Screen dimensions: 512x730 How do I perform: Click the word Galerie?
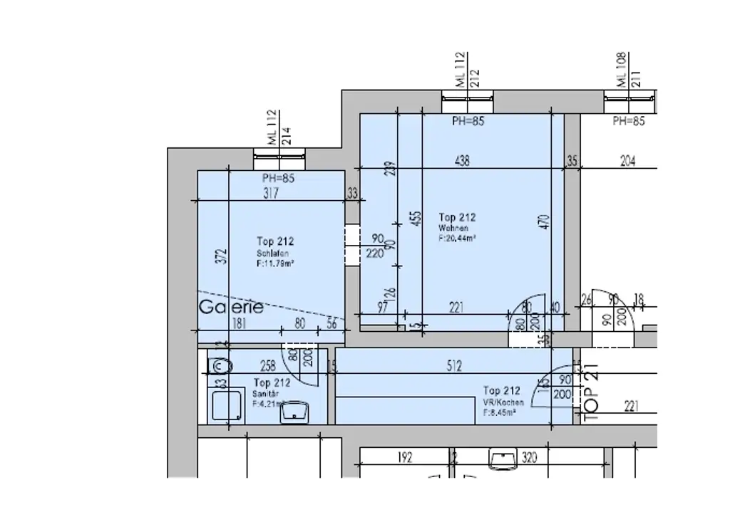click(x=231, y=308)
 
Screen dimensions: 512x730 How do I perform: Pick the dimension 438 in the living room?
click(x=462, y=161)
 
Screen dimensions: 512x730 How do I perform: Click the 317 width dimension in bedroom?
click(x=270, y=193)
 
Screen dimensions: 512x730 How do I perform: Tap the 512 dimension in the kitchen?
click(x=453, y=367)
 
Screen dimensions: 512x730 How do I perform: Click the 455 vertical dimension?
click(x=415, y=218)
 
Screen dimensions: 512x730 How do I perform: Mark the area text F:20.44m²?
click(x=457, y=239)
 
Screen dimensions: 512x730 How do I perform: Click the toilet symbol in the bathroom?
click(x=220, y=366)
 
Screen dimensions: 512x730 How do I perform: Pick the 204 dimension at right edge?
click(x=627, y=162)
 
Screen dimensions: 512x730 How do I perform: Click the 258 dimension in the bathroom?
click(x=267, y=367)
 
